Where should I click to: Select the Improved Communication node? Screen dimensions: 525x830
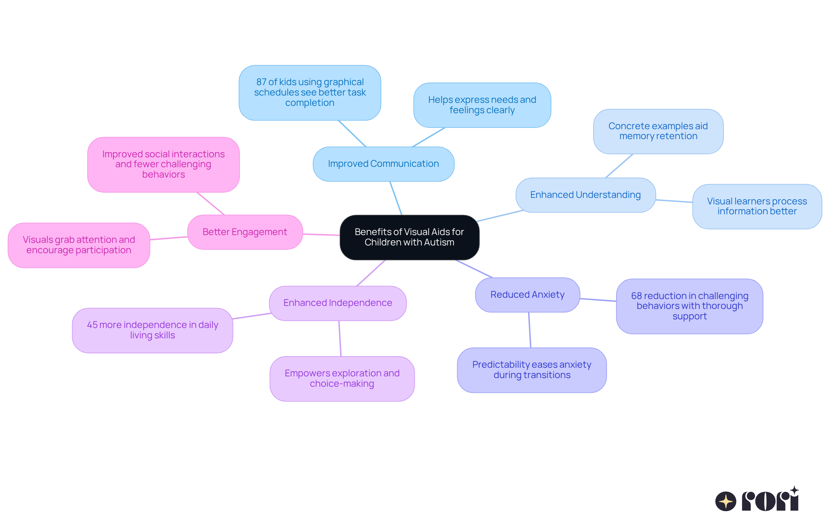(383, 164)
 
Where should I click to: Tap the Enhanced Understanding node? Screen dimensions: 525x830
(585, 195)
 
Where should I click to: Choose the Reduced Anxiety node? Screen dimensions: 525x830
(527, 295)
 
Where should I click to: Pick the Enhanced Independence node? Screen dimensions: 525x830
(338, 303)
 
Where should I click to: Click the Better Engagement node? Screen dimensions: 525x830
(245, 232)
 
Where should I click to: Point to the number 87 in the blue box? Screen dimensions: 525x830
(261, 82)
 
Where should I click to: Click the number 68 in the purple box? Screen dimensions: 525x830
(636, 296)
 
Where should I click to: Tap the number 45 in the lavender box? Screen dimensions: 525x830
(92, 325)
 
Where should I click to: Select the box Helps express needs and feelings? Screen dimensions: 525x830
(482, 105)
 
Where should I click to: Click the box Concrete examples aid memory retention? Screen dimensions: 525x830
(658, 131)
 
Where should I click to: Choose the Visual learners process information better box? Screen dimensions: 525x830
(757, 206)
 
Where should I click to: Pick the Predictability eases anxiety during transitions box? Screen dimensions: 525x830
(532, 370)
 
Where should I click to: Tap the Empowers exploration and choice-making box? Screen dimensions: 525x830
(342, 379)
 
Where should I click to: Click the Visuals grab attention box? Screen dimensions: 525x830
(79, 245)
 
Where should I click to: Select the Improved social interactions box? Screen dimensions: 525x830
(163, 164)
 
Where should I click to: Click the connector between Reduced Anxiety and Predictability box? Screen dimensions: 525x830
(530, 330)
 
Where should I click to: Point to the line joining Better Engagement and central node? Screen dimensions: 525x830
(321, 235)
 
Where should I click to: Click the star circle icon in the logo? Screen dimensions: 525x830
(725, 501)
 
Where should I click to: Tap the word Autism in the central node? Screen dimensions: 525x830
(439, 242)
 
